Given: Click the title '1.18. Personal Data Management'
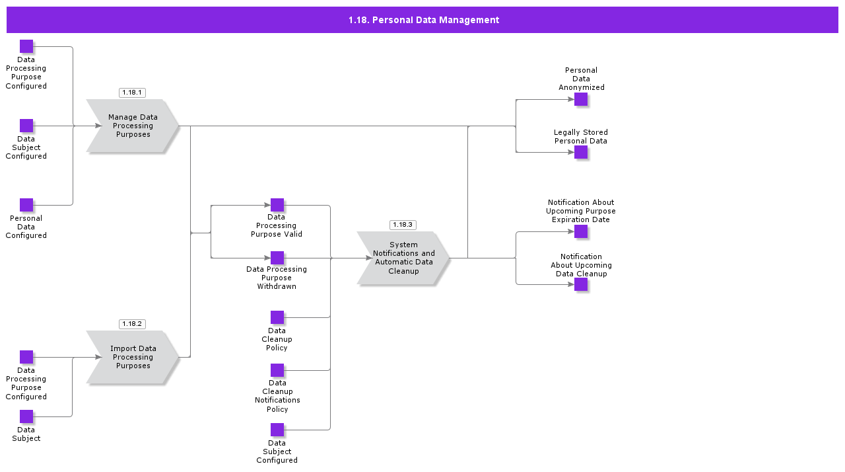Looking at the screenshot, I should tap(423, 20).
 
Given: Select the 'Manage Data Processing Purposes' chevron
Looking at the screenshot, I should tap(133, 126).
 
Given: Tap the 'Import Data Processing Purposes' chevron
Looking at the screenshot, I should tap(133, 357).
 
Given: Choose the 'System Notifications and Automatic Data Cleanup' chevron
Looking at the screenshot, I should tap(403, 258).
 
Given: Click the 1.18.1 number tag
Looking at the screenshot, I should tap(132, 93).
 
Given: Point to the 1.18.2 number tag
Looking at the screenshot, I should tap(132, 324).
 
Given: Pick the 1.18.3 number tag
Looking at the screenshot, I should tap(403, 225).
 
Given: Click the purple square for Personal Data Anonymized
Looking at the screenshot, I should tap(581, 99).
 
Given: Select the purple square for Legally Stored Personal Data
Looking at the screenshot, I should tap(581, 152).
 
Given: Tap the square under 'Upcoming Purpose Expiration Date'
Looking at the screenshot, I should tap(581, 231).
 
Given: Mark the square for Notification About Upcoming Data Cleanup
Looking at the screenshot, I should tap(581, 284).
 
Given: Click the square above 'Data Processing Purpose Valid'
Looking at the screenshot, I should tap(277, 205).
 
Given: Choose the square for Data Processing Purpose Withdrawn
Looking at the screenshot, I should tap(277, 258).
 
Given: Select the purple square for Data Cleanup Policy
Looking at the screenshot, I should tap(277, 317).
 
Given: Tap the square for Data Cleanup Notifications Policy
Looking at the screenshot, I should tap(277, 370).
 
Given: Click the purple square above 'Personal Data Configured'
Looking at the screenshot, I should tap(26, 205).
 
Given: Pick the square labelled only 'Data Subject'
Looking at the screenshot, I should tap(26, 416).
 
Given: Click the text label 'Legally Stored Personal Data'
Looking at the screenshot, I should tap(581, 137).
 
